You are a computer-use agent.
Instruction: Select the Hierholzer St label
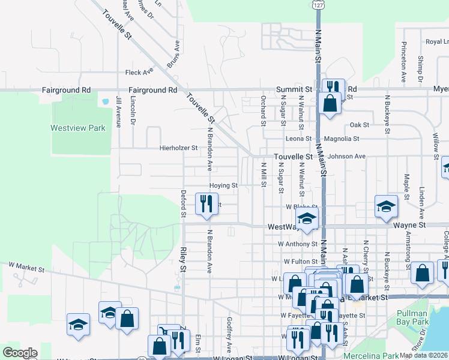[178, 148]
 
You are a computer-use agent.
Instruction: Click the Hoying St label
[224, 186]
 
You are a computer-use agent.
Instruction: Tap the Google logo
[20, 353]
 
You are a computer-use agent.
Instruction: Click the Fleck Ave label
[139, 73]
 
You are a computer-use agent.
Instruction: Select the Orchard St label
[263, 110]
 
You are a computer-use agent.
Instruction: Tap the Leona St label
[298, 139]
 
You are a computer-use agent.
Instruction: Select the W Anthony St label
[297, 244]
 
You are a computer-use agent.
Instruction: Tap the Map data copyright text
[423, 355]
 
